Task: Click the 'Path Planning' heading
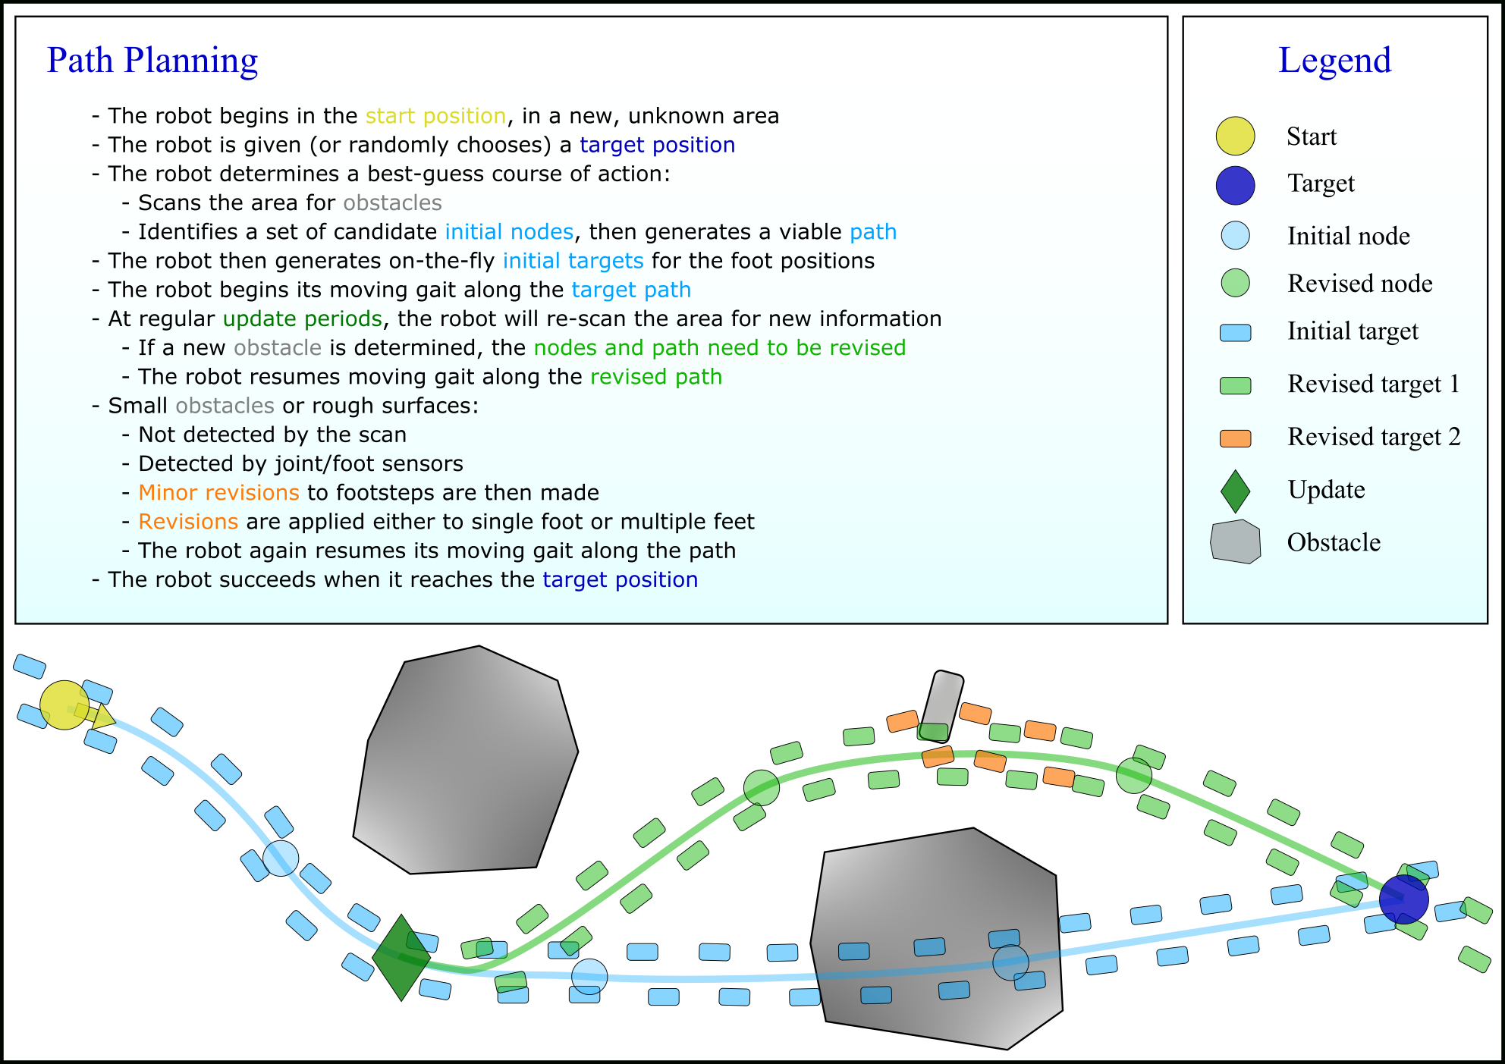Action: pos(152,61)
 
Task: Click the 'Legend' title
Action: pos(1334,61)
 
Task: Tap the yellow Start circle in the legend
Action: pos(1235,137)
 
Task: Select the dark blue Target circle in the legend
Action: pos(1235,186)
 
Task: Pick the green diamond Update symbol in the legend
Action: pos(1235,491)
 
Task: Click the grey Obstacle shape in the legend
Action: pos(1235,541)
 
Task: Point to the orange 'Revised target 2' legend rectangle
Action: pos(1235,438)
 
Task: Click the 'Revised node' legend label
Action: pos(1359,284)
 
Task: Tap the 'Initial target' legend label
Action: pos(1353,331)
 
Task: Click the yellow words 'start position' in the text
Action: pos(435,116)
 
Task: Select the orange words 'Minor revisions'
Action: pos(218,493)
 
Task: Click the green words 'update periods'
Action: pos(302,319)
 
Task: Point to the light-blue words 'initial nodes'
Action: pos(509,232)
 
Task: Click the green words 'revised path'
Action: pos(656,377)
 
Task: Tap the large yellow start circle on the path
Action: pos(64,705)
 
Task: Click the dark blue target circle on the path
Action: pos(1403,899)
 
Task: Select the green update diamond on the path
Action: pos(401,957)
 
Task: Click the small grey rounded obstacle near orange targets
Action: pos(941,705)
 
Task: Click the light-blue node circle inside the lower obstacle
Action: pos(1010,963)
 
